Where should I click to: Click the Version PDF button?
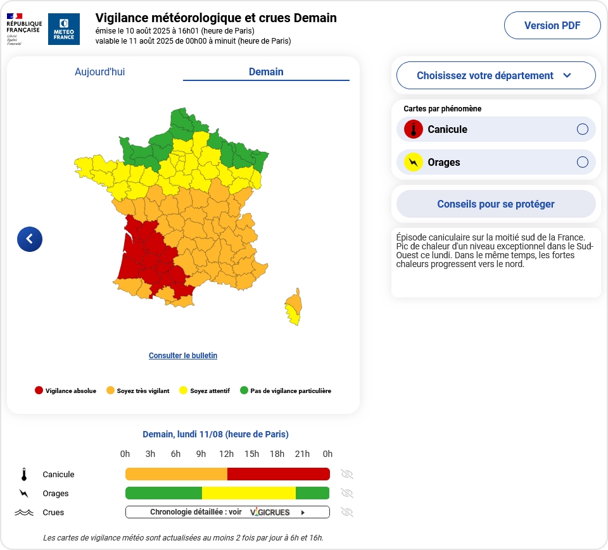point(552,26)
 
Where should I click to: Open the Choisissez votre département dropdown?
point(495,76)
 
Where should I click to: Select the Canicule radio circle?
point(583,130)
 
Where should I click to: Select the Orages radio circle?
point(583,163)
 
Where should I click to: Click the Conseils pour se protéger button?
point(495,204)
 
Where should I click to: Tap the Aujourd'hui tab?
point(99,72)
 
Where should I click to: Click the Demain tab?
point(266,72)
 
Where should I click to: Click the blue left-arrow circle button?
point(30,239)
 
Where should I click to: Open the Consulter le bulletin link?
point(183,356)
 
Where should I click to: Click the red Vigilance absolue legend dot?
point(39,391)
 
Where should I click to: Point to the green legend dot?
point(244,391)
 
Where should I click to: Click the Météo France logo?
point(64,29)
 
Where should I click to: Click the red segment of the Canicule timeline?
point(279,474)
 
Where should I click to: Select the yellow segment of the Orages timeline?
point(249,493)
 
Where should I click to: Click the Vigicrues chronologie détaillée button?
point(227,512)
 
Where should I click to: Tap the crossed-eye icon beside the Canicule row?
point(346,474)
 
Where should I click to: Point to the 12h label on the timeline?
point(226,454)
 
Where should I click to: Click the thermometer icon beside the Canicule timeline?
point(24,475)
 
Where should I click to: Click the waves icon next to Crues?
point(24,513)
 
